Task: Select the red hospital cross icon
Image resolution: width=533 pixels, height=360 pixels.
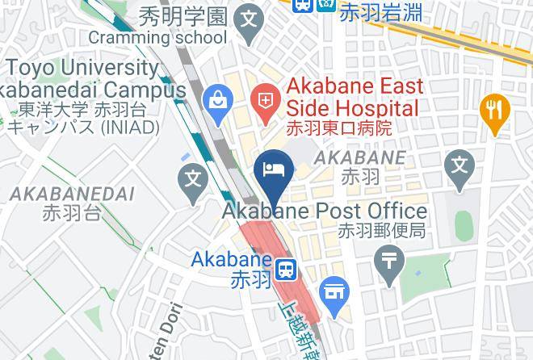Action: (x=265, y=100)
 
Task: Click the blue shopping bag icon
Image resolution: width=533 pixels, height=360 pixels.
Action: (x=218, y=100)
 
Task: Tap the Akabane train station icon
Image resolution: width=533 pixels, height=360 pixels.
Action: (x=285, y=269)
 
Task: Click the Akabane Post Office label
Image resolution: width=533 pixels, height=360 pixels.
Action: (x=325, y=211)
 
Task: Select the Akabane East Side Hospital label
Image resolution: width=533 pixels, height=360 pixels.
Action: (x=354, y=97)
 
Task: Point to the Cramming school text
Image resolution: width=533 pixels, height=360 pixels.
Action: (x=157, y=37)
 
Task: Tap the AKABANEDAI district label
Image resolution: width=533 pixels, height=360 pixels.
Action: (x=72, y=194)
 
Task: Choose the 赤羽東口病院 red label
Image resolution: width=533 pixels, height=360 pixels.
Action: (x=339, y=128)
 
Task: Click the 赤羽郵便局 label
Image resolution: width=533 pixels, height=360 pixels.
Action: (x=381, y=231)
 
